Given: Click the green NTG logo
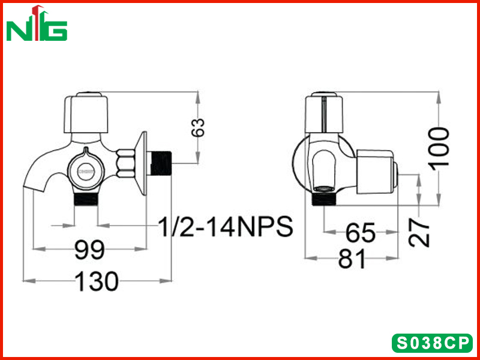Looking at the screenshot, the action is [x=37, y=23].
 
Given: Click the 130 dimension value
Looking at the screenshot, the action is [x=97, y=281].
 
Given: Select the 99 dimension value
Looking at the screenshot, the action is [x=89, y=250].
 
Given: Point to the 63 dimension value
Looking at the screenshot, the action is [x=197, y=127].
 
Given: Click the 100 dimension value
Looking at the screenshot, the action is [x=439, y=147].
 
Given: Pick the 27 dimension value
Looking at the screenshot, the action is [x=419, y=232].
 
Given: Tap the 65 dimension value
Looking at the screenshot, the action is [x=361, y=233].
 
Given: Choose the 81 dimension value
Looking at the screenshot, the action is [x=352, y=259].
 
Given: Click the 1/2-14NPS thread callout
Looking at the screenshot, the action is [x=226, y=227].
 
